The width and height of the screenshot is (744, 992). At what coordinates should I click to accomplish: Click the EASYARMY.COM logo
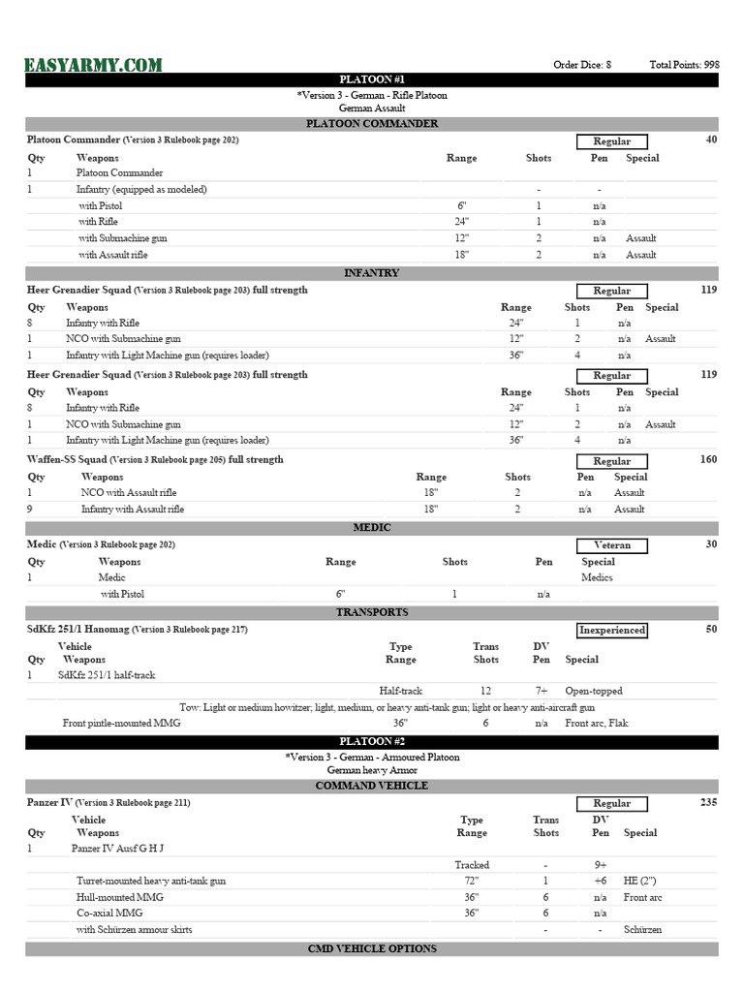94,65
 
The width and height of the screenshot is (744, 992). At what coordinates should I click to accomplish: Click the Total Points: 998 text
684,65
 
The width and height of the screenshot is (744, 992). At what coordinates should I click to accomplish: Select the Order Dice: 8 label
581,65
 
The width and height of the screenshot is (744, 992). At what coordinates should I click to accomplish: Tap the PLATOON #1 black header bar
372,79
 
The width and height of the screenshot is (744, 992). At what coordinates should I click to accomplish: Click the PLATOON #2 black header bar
372,742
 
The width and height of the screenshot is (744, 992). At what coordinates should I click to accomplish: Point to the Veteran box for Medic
611,545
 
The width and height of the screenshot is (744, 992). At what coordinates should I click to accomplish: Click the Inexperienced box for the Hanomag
611,630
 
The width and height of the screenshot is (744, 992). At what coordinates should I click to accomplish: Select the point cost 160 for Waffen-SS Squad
708,459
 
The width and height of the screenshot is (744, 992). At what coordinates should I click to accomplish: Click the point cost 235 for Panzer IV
708,802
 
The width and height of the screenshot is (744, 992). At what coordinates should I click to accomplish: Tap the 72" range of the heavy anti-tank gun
472,881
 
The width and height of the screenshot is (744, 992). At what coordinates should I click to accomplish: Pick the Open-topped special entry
594,691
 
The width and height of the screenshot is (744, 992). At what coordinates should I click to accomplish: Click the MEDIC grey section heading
372,527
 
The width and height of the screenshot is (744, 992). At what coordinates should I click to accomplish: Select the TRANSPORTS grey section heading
372,612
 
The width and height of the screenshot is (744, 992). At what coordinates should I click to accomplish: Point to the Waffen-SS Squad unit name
67,459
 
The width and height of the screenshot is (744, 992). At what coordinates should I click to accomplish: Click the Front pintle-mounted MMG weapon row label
121,723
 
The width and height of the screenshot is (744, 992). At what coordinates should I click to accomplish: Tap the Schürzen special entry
644,929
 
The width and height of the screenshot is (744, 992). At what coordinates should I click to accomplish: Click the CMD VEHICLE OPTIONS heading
372,948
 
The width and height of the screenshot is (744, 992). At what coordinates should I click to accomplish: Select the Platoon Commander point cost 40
712,140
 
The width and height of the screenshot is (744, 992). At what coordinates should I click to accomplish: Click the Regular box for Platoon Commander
611,141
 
